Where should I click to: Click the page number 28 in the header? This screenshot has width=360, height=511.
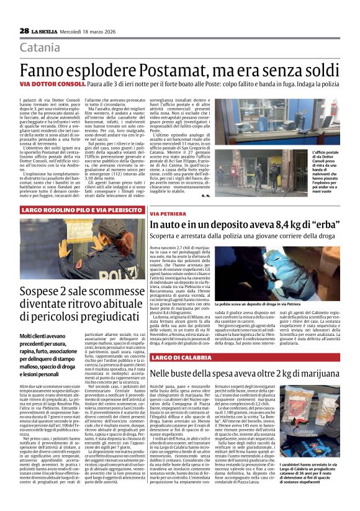(24, 30)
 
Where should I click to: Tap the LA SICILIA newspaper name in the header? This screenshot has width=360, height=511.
(47, 30)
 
